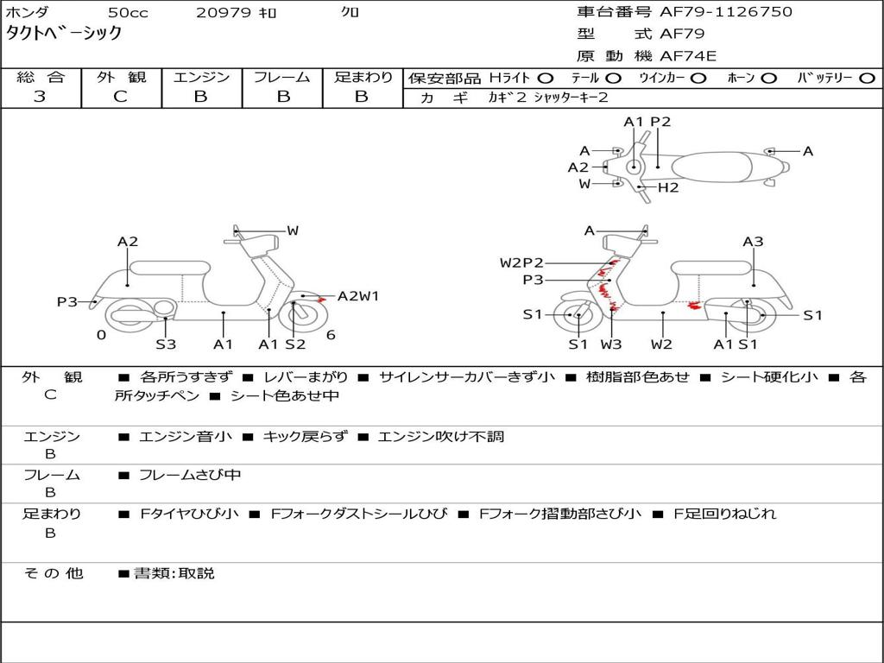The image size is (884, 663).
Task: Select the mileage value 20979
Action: coord(223,12)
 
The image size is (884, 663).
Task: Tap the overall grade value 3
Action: coord(40,97)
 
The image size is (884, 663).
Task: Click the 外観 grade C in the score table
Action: coord(121,97)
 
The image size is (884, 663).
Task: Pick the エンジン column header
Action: coord(201,78)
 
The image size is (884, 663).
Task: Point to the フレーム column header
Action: coord(281,78)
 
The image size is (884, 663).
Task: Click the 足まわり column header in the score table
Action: coord(363,78)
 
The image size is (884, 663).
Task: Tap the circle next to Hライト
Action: coord(546,79)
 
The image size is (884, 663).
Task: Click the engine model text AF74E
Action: coord(688,57)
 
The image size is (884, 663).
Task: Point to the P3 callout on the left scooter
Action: coord(67,302)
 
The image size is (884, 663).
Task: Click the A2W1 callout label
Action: coord(357,296)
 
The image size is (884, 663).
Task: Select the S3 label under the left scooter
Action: coord(166,344)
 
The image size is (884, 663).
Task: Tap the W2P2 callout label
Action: coord(521,262)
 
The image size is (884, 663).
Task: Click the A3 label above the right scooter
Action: coord(753,242)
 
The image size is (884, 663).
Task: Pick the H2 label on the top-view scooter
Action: coord(668,187)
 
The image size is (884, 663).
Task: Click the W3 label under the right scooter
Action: coord(611,344)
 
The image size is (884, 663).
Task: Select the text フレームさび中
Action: coord(190,475)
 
